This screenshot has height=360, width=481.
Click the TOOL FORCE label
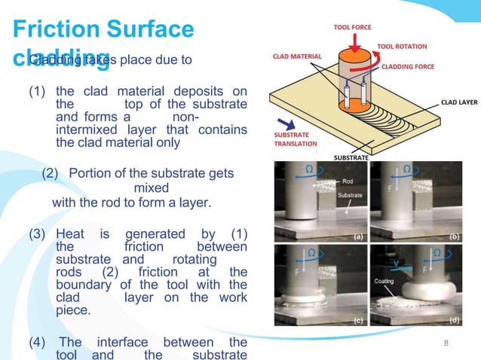(352, 28)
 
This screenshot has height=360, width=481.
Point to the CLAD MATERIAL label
(297, 56)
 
